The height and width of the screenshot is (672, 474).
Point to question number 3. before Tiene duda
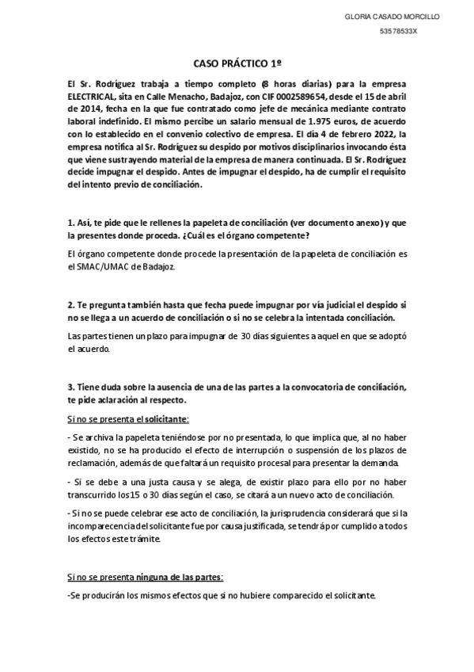click(x=70, y=388)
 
